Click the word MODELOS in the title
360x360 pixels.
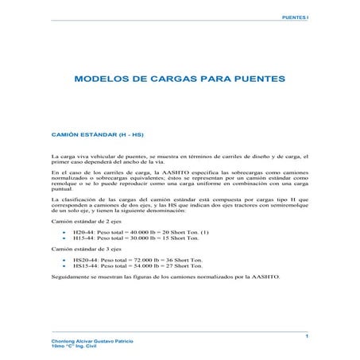click(103, 80)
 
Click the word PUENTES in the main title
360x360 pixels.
click(246, 80)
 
